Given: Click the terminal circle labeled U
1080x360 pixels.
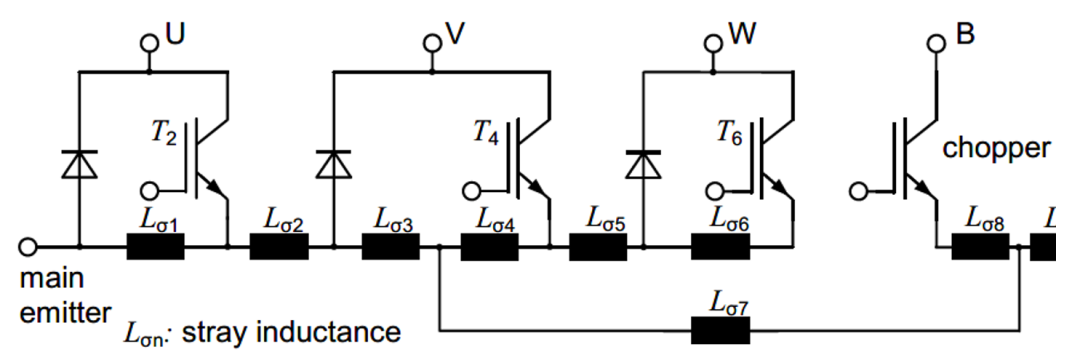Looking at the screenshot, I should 149,44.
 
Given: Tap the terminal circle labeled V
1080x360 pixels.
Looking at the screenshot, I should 432,43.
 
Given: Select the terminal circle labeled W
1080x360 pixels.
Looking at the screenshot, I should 714,43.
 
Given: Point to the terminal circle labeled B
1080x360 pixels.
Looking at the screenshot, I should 936,43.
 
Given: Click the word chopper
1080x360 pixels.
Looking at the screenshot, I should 998,149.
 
